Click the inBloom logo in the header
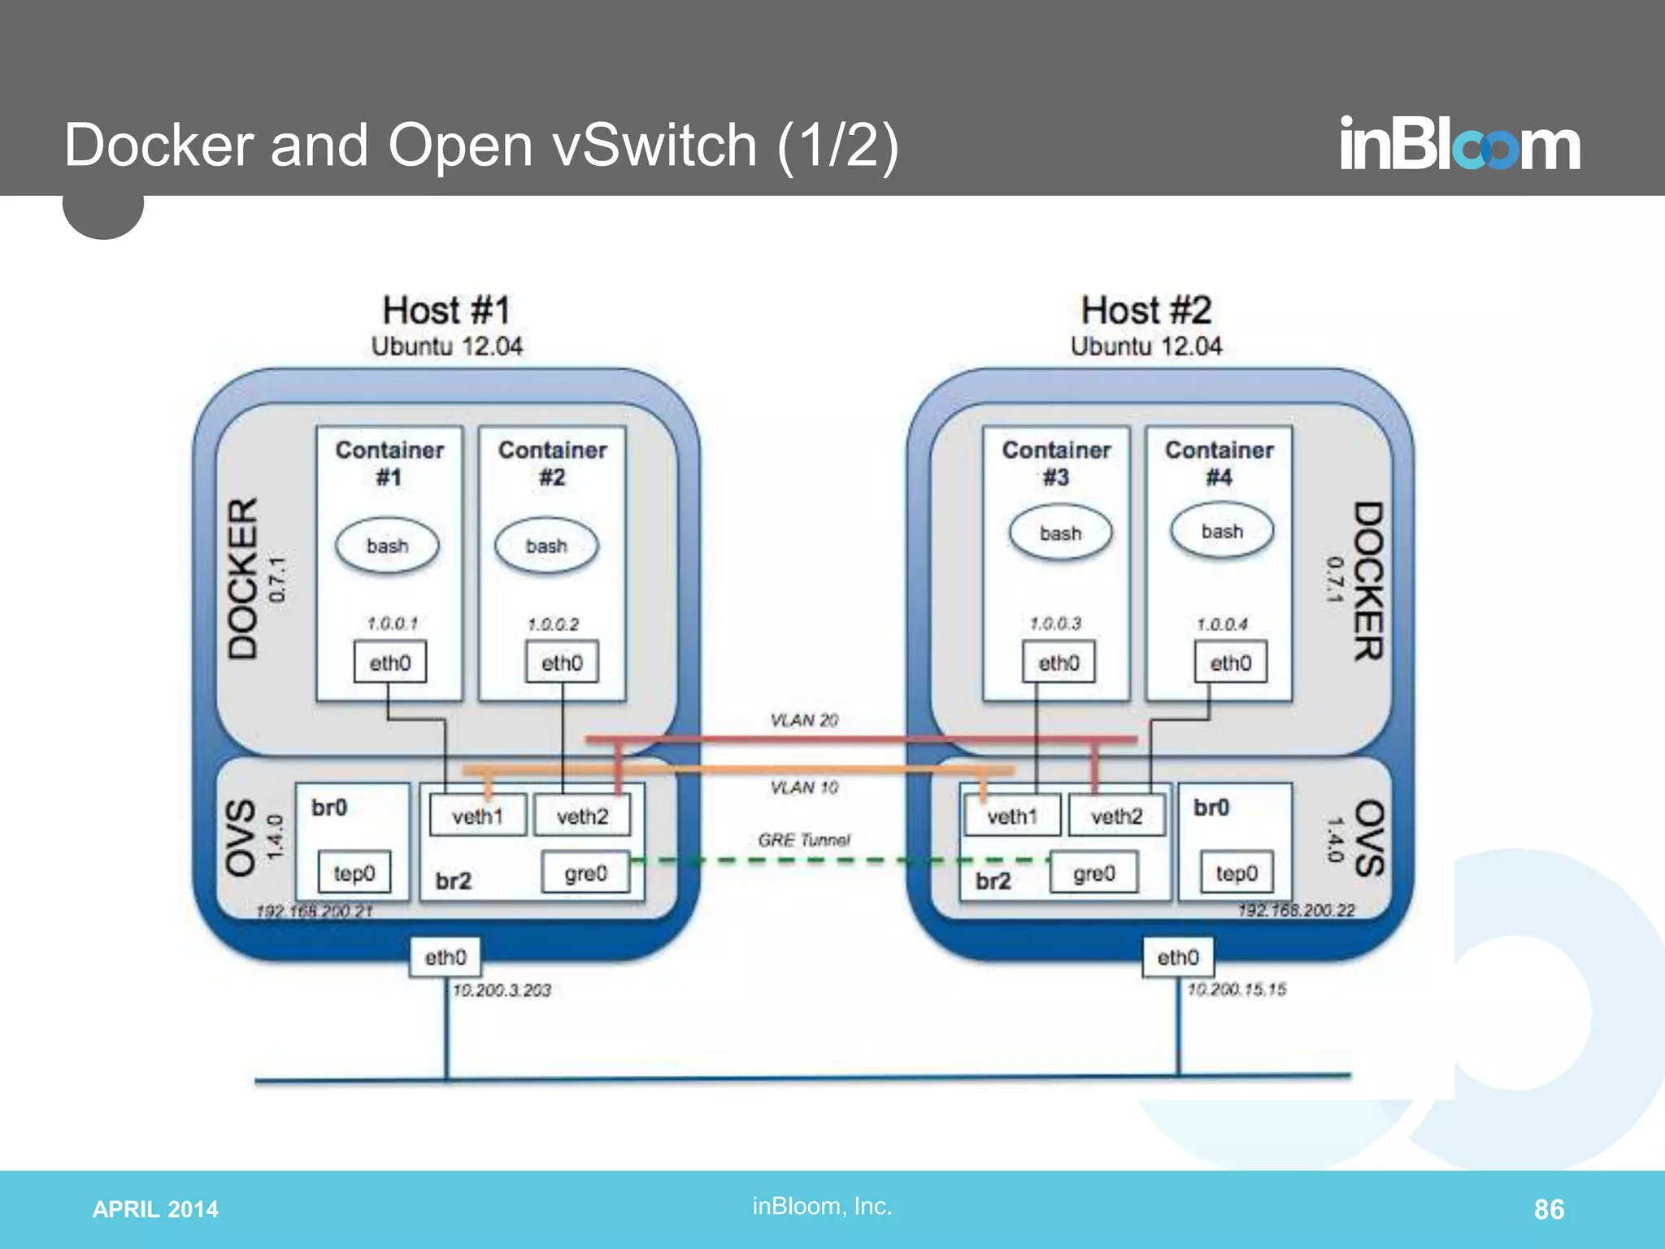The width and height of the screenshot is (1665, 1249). [1459, 145]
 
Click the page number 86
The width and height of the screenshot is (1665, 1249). [1548, 1209]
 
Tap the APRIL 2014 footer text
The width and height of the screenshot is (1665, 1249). [155, 1209]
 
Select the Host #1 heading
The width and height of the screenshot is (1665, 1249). [446, 311]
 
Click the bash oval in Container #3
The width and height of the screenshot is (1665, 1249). [1060, 533]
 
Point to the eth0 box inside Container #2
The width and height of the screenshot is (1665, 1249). [562, 663]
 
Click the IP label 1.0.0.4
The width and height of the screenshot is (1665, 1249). [1222, 624]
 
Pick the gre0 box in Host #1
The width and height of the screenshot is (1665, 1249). [585, 873]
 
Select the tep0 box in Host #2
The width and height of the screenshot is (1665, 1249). [1237, 873]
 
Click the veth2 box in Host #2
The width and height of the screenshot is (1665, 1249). [1116, 816]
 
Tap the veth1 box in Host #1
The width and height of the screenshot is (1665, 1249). [477, 816]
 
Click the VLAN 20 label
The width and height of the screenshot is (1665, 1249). [804, 720]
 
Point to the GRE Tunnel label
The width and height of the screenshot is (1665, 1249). [804, 839]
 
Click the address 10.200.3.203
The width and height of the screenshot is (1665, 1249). [502, 990]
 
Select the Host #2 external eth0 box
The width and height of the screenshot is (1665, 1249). [1177, 957]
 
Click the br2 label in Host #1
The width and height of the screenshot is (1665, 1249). [453, 881]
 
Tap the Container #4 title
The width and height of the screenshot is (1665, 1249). [1219, 463]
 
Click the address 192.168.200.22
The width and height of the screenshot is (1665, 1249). [1296, 910]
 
